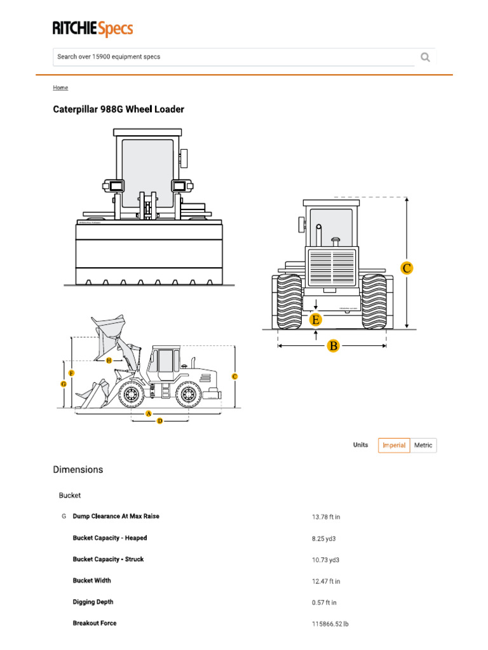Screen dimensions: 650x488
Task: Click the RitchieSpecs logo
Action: pos(93,29)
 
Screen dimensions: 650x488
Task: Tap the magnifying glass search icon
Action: pos(425,57)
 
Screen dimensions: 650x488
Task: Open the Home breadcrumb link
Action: pos(60,88)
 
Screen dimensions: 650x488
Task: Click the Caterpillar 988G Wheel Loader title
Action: pos(118,109)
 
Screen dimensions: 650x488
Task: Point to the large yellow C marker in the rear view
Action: pos(407,268)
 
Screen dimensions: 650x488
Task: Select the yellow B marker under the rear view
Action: pos(333,346)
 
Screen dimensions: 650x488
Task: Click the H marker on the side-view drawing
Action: pos(109,360)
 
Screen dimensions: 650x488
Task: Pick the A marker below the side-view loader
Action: pos(149,413)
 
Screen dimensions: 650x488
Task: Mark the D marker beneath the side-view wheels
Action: pos(159,421)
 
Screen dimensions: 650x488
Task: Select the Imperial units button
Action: pos(394,446)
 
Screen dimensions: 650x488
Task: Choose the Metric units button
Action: pos(423,446)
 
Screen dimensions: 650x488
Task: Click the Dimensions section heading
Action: pos(78,470)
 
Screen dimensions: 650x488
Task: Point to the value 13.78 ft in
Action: pos(326,517)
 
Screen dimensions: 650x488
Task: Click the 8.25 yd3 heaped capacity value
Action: pos(324,538)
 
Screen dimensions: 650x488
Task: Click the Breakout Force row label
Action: pos(95,623)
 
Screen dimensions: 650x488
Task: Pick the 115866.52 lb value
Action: pos(330,624)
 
